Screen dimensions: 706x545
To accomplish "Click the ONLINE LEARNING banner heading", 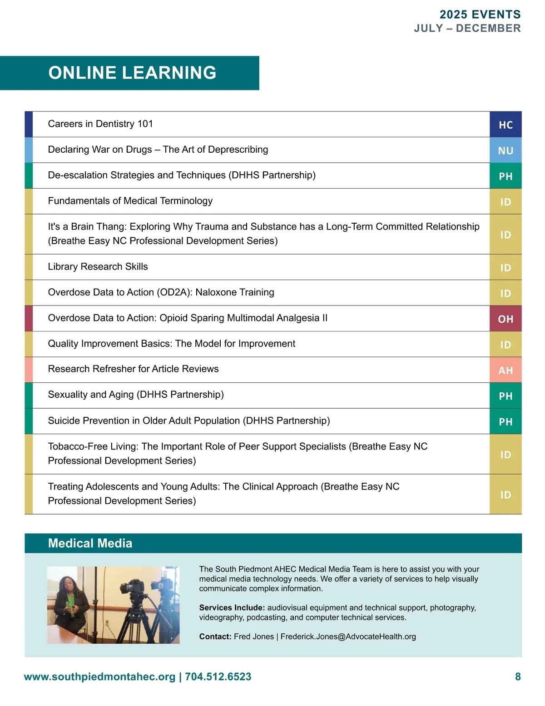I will [x=132, y=73].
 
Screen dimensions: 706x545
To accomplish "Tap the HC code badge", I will [x=505, y=125].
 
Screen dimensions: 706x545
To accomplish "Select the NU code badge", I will [x=505, y=150].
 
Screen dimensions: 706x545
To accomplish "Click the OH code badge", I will [x=505, y=319].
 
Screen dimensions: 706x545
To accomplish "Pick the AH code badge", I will [x=505, y=371].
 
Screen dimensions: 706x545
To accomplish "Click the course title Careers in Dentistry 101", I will [x=100, y=124].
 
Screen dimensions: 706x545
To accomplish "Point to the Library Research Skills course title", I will [x=98, y=266].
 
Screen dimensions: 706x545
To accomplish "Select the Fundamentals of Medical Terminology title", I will [x=130, y=201].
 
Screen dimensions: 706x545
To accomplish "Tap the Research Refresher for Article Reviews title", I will [x=133, y=369].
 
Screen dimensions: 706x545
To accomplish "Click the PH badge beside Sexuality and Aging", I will [x=505, y=396].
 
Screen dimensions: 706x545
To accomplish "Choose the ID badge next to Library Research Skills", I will [x=505, y=268].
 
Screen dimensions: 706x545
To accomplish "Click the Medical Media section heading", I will [x=90, y=543].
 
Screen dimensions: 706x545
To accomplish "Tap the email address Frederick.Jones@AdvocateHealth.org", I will [x=348, y=636].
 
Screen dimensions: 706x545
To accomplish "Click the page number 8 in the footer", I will [x=518, y=676].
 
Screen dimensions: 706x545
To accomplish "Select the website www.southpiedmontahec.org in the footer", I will [x=99, y=676].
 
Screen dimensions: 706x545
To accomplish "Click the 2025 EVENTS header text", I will [x=480, y=15].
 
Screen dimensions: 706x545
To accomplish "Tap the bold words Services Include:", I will [x=232, y=608].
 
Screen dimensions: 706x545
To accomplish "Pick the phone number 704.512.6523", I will [x=218, y=676].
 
